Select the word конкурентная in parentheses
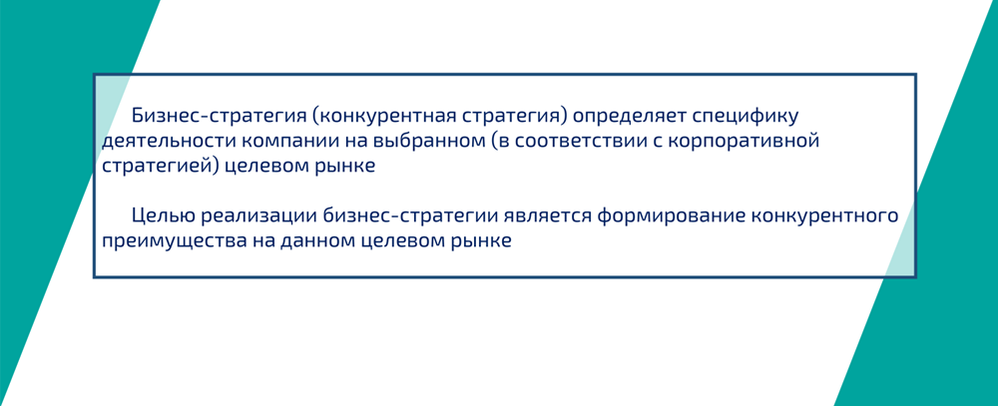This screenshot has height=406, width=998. coord(382,116)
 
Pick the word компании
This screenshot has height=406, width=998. coord(284,141)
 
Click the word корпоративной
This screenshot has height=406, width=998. coord(749,141)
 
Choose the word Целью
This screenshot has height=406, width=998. coord(163,215)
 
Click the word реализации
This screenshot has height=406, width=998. coord(261,215)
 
